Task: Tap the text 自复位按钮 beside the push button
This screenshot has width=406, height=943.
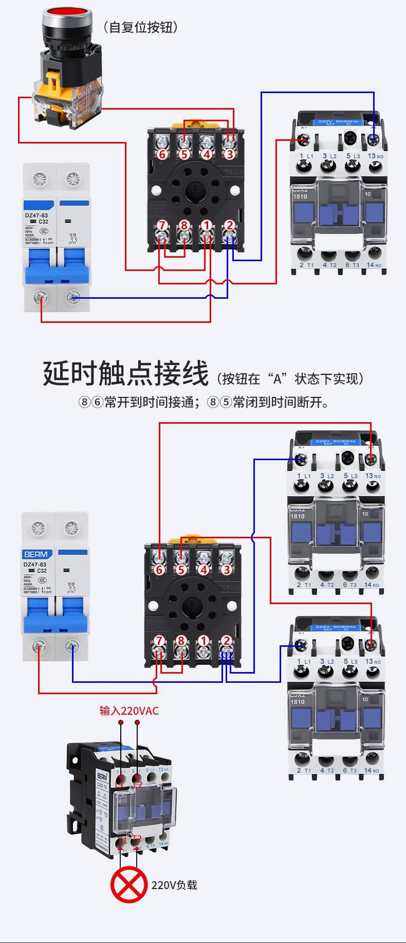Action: (x=141, y=27)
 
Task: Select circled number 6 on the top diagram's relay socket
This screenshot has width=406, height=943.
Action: (x=162, y=154)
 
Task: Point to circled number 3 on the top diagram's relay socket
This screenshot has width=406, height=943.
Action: (x=229, y=154)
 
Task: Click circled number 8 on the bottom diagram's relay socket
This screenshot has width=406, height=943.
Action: (x=181, y=641)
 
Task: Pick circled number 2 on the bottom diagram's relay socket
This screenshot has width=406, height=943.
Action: (x=226, y=641)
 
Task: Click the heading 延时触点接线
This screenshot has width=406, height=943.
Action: (x=125, y=373)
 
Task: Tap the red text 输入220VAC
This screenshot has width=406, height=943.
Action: (x=129, y=711)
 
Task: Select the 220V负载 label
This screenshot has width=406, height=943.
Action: (x=174, y=885)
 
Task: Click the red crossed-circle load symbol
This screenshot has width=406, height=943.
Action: (x=128, y=884)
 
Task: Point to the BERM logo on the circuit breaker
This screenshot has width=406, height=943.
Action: (x=36, y=554)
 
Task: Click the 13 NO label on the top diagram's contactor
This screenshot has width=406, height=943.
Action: (x=375, y=156)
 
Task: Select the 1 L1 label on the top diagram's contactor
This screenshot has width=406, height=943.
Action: (x=306, y=156)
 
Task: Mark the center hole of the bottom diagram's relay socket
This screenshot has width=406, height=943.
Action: (x=192, y=604)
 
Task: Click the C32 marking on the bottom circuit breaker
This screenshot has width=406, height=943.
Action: (x=42, y=571)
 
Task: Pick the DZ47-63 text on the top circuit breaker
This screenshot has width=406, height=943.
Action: (x=36, y=215)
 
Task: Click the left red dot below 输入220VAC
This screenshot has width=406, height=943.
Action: (x=121, y=722)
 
